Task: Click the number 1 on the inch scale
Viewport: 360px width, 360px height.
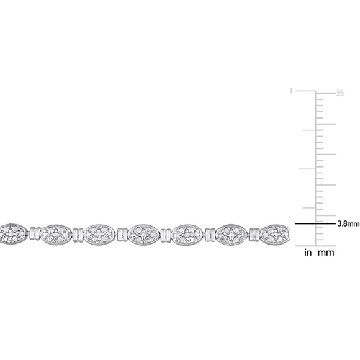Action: point(291,91)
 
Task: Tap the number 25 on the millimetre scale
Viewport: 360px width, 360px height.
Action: point(340,94)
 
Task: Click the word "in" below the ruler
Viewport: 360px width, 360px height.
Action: point(308,253)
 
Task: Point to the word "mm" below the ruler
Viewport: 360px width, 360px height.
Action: point(326,253)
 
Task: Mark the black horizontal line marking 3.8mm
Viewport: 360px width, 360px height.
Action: point(315,223)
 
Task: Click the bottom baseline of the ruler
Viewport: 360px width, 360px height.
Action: point(315,246)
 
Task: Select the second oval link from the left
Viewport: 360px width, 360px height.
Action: point(56,235)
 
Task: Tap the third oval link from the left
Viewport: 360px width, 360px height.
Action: point(99,235)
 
